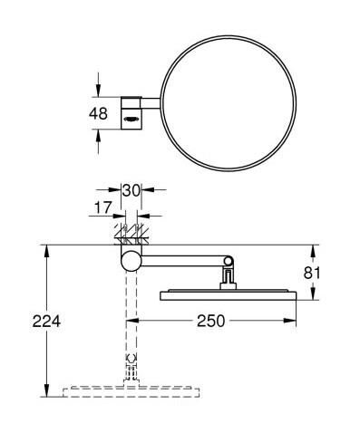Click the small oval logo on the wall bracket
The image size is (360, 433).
(x=131, y=114)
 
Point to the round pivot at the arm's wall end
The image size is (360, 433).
(x=131, y=263)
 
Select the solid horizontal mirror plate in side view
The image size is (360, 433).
(x=228, y=293)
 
